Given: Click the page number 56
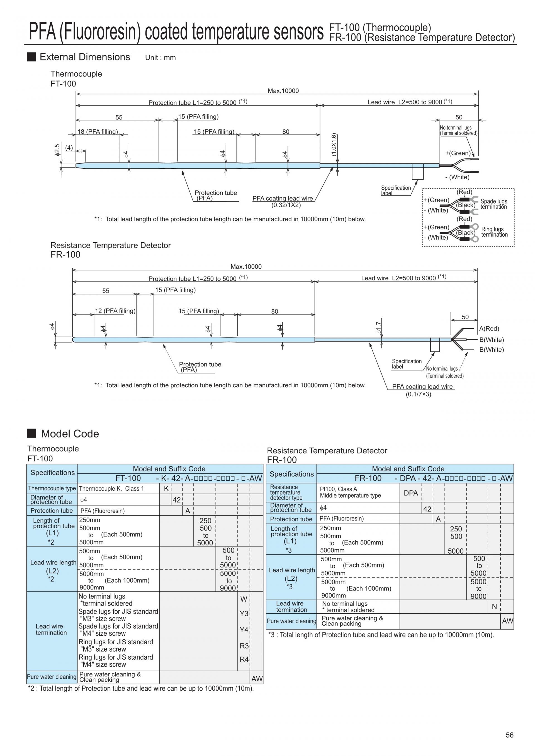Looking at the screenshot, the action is [509, 735].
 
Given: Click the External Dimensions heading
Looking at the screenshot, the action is [85, 57].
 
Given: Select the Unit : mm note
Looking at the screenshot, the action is [160, 58].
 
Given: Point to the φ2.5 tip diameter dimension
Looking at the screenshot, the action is [57, 150].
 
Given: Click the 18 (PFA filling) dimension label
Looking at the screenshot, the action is [98, 132].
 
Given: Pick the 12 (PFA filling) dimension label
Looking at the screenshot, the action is [115, 311].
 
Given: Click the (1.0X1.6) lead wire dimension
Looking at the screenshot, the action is [334, 145].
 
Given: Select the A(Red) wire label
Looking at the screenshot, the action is [489, 329].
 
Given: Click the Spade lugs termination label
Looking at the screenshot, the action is [494, 204].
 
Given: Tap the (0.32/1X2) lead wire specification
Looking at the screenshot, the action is [286, 205].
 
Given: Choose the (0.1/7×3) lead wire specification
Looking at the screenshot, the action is [418, 394].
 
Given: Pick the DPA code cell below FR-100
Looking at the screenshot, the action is [411, 493].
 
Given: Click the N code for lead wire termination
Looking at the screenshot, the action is [494, 606].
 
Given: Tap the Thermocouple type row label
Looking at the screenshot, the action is [52, 488].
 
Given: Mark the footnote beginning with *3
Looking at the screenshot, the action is [381, 635].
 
